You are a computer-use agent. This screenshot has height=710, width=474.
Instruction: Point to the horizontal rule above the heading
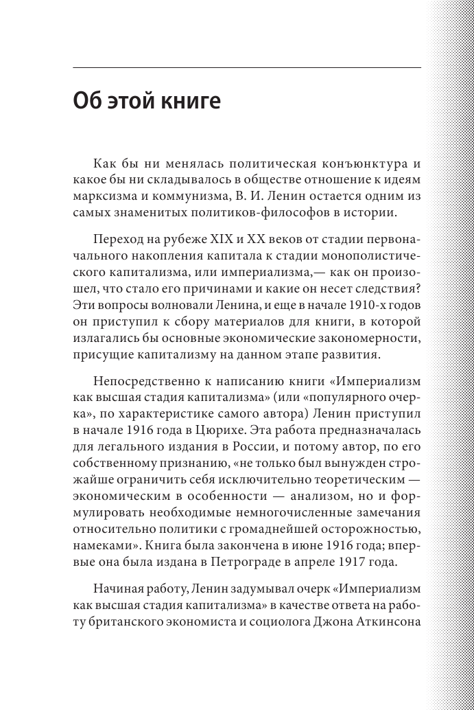247,67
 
